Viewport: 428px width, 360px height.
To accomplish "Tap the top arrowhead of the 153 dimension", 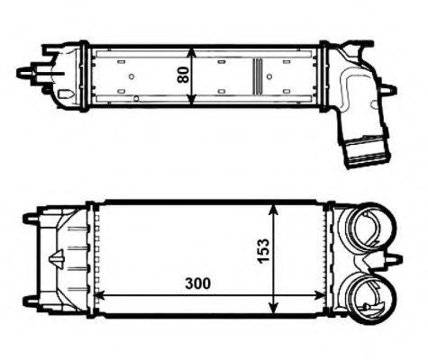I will (x=276, y=207).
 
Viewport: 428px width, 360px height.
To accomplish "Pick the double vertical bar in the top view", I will (x=257, y=76).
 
